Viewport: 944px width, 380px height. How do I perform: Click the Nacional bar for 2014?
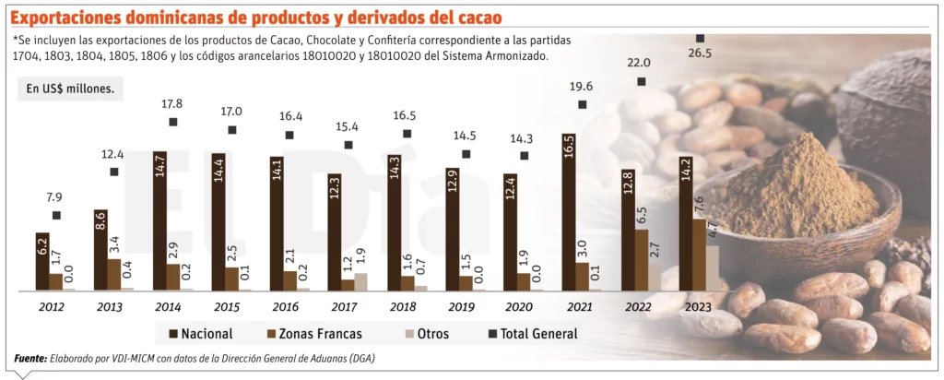coord(159,221)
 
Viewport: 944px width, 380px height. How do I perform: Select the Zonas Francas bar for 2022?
coord(641,260)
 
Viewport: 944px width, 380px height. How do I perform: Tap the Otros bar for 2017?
coord(360,281)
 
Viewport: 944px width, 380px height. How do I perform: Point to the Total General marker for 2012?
coord(56,216)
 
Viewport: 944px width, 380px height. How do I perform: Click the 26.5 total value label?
coord(700,53)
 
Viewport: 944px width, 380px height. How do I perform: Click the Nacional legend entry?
coord(200,333)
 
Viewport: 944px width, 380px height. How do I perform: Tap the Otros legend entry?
coord(422,333)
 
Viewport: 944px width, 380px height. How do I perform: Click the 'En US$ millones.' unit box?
coord(70,89)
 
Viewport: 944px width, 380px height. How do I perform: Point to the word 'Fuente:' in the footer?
coord(33,358)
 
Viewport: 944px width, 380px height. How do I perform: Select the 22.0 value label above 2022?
coord(640,63)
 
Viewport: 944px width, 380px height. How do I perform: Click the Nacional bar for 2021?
coord(568,213)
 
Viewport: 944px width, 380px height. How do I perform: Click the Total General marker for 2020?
coord(524,156)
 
